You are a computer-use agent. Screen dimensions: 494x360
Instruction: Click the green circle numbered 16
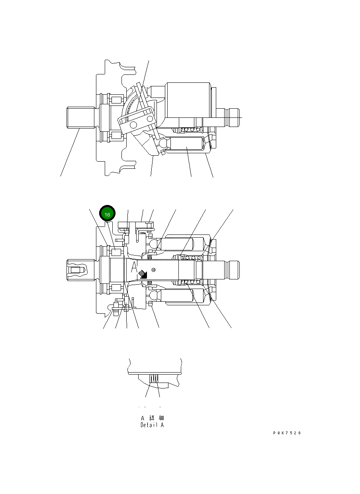point(107,214)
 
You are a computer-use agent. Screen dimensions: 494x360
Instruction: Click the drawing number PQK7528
point(287,433)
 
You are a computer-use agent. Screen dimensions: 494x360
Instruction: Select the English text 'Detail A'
point(152,425)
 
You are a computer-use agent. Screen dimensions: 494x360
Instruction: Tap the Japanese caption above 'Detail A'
point(152,418)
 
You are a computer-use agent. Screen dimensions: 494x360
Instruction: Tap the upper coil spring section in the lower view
point(190,258)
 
